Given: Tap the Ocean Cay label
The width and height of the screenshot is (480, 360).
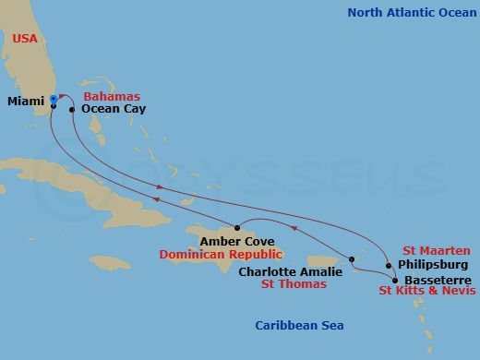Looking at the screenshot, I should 112,108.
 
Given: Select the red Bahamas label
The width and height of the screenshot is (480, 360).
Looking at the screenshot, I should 110,96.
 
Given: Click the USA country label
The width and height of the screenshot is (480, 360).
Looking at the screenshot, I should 27,38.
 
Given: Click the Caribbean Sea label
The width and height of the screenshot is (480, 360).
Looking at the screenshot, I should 295,324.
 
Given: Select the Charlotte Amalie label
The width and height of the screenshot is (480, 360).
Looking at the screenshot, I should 290,271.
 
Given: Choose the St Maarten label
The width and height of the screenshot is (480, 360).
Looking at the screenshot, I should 436,251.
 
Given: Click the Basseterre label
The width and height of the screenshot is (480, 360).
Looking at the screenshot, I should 438,280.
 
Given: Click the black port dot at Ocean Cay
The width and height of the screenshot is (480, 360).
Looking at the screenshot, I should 72,109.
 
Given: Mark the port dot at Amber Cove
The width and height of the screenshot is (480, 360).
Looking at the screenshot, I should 237,228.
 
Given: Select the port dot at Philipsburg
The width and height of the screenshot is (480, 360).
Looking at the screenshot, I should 389,266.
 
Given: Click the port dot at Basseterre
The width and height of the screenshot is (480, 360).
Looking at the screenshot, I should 395,280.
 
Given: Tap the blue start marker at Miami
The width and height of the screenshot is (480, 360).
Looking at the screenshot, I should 53,99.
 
